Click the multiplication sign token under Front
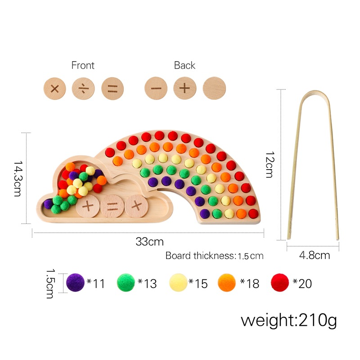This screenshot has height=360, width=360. click(x=55, y=88)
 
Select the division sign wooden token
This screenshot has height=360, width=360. click(x=83, y=88)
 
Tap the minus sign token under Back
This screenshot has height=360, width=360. click(x=156, y=88)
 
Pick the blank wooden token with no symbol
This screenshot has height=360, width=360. click(x=214, y=88)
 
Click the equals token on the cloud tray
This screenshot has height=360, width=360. click(x=112, y=207)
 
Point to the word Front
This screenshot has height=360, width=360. click(x=83, y=65)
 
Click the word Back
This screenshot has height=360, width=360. click(x=184, y=65)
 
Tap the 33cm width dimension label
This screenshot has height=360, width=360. click(x=150, y=242)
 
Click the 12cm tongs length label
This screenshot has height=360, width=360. click(x=269, y=164)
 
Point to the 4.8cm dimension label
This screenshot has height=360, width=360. click(x=315, y=256)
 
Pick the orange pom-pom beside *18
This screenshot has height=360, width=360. click(x=228, y=283)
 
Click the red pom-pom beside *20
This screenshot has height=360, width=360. click(x=280, y=283)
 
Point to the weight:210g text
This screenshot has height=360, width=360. click(x=288, y=320)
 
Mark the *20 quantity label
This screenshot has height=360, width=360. click(x=302, y=283)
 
